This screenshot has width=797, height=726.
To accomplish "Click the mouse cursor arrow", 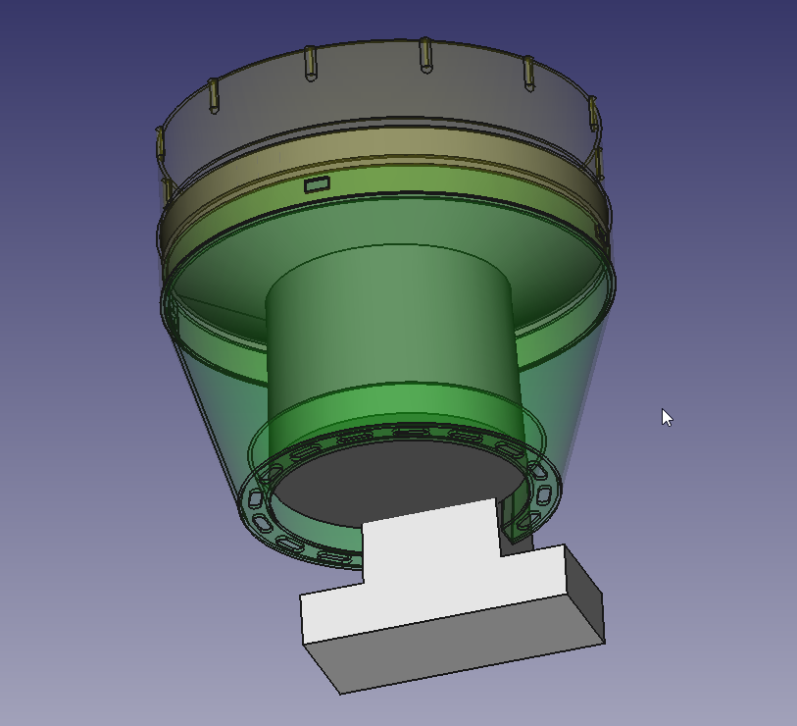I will pyautogui.click(x=666, y=416).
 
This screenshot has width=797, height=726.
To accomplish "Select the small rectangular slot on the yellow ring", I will pyautogui.click(x=317, y=184).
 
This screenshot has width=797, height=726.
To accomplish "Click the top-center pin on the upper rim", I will pyautogui.click(x=425, y=55).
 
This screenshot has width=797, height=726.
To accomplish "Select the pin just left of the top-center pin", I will pyautogui.click(x=310, y=62).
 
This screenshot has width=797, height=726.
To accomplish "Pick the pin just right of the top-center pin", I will pyautogui.click(x=528, y=72).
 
